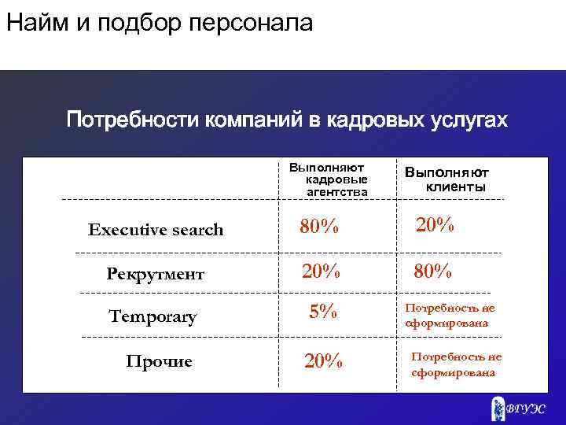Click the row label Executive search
click(156, 230)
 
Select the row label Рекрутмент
click(156, 274)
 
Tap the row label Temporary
click(153, 317)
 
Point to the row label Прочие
click(160, 361)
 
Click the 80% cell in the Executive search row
click(319, 228)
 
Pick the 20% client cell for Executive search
click(435, 225)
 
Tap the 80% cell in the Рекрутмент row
click(434, 272)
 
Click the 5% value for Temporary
click(323, 312)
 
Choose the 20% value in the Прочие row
click(323, 361)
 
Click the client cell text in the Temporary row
click(450, 316)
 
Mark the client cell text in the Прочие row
click(456, 364)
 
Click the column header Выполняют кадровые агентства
click(325, 179)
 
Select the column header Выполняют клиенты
click(447, 179)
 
